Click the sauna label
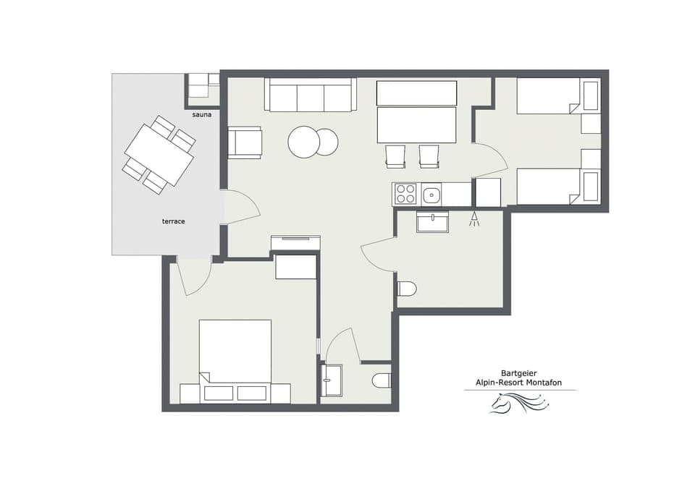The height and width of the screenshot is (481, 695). [x=202, y=115]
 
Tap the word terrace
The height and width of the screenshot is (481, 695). [x=173, y=221]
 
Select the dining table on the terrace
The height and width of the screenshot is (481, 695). [x=159, y=155]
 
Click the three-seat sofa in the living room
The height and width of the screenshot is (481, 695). [x=311, y=95]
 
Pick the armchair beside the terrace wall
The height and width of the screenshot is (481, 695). [x=245, y=142]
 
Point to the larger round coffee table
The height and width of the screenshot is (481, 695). [x=304, y=142]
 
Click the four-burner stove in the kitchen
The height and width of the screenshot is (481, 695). [x=406, y=194]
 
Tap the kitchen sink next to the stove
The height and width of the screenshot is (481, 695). [x=432, y=194]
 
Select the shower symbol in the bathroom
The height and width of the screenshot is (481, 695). [x=475, y=218]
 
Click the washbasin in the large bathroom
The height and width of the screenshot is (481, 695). [x=432, y=221]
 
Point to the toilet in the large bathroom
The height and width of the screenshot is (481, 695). [x=406, y=289]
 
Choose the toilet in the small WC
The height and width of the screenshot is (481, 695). [x=382, y=380]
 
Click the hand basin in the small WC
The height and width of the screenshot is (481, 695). [x=332, y=380]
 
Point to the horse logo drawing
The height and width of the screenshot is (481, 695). [x=517, y=403]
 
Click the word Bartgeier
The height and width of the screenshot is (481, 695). [x=520, y=374]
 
